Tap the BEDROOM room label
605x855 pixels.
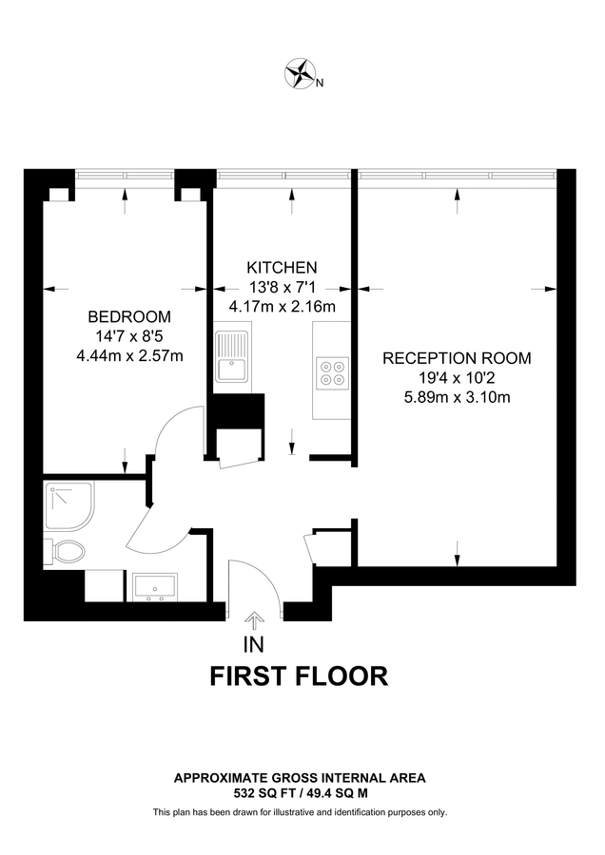pos(129,316)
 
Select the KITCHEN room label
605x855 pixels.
pos(282,267)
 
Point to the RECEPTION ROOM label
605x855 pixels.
pos(457,358)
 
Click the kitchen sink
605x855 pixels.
pos(231,358)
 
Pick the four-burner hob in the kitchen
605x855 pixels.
pos(333,370)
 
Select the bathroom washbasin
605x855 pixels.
pos(154,587)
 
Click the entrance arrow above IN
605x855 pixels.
pos(254,621)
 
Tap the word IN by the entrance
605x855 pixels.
pos(254,647)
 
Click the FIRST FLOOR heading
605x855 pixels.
pos(298,676)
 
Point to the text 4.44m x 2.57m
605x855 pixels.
pos(129,356)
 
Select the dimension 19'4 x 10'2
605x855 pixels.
pos(457,377)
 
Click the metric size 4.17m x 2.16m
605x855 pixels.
pos(283,307)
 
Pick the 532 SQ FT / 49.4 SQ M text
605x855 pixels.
pos(300,791)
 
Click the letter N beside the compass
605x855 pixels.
pos(321,83)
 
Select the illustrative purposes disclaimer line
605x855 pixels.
pos(300,812)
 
